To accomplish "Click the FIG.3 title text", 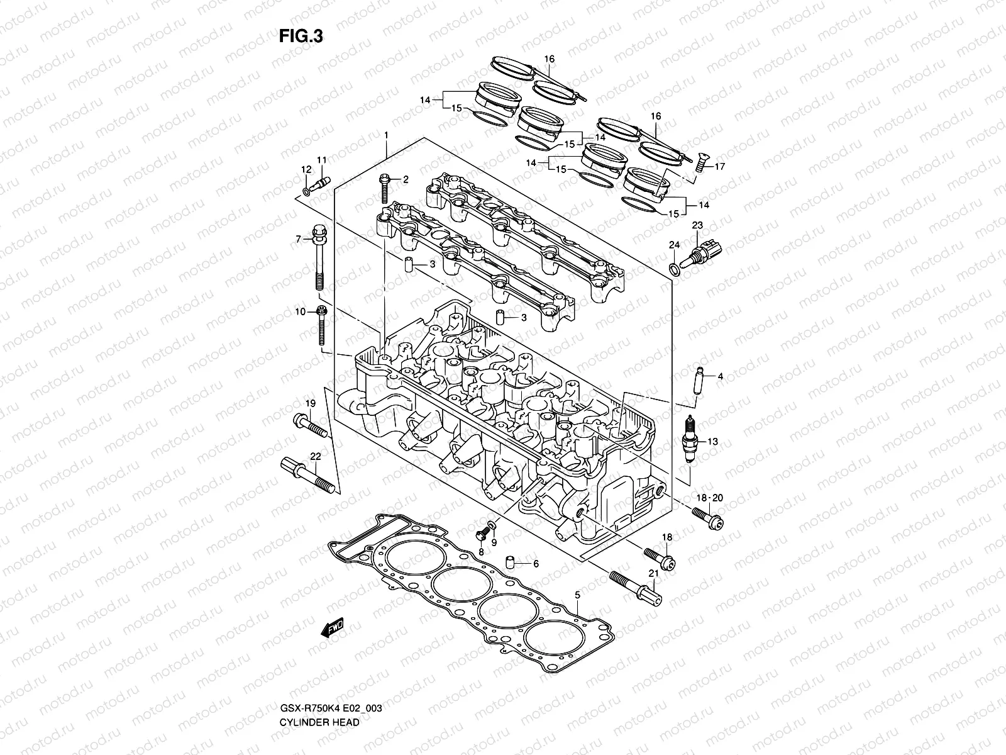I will [301, 37].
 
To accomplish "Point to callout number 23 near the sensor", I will [697, 225].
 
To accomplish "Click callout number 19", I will [310, 403].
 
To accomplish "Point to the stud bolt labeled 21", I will [636, 584].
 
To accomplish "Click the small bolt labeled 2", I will [384, 187].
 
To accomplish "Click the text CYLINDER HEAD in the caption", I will [319, 687].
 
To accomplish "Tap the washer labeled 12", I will [306, 190].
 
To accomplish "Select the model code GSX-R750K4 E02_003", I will [330, 673].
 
